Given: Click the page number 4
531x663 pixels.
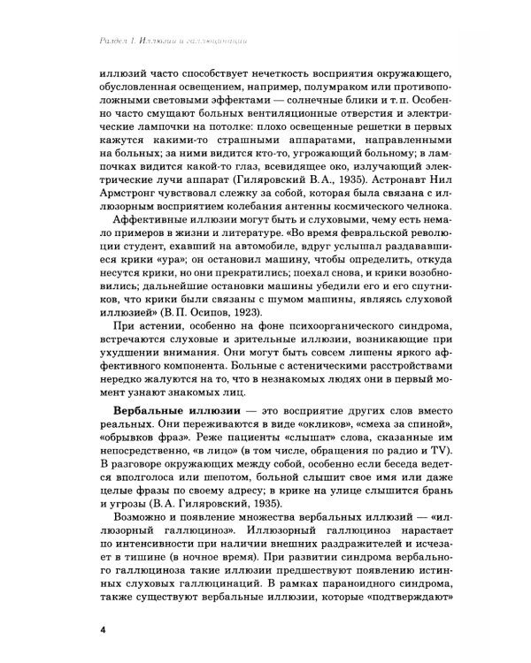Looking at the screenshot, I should point(104,629).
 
